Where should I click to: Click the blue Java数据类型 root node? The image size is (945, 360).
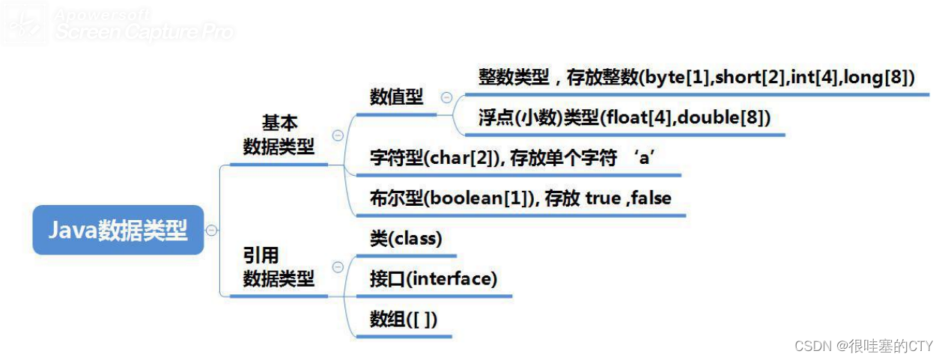118,230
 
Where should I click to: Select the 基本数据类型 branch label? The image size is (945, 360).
279,135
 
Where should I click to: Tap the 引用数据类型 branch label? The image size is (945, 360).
279,267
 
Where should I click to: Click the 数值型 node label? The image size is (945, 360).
396,97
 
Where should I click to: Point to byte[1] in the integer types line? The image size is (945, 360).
678,78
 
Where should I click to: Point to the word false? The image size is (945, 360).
651,198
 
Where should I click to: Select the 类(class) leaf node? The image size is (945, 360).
405,239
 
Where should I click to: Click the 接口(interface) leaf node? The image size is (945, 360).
433,279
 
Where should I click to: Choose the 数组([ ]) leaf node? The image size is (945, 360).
403,320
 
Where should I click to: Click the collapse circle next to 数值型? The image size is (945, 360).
446,97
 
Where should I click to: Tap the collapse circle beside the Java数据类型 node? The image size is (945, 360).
212,230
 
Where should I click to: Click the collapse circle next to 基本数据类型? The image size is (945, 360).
338,135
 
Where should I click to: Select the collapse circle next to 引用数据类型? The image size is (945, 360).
338,267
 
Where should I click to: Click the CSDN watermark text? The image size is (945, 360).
863,346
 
